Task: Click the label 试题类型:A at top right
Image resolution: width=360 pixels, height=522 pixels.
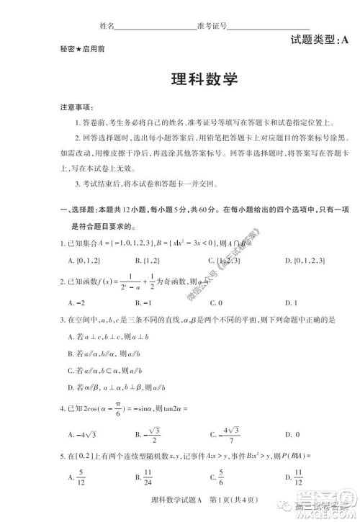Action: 318,41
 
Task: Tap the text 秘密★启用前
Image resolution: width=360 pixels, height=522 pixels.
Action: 78,50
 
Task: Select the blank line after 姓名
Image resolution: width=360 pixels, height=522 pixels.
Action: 156,25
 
